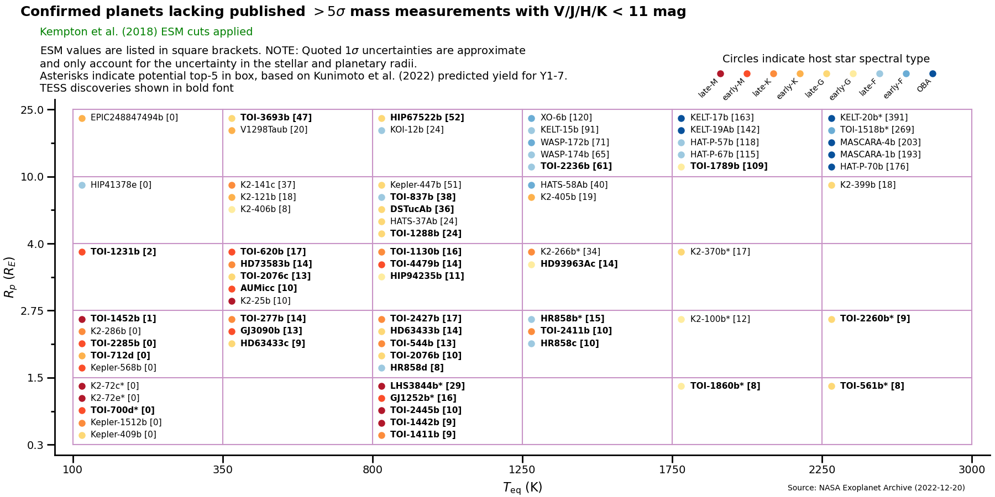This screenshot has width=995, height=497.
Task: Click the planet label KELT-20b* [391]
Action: (x=873, y=118)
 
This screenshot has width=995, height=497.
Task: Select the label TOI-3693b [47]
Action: (x=276, y=118)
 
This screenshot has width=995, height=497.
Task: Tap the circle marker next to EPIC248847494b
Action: (x=82, y=118)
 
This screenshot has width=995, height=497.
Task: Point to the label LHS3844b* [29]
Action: (x=427, y=386)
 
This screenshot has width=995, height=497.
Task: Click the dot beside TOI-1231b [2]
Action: (x=82, y=252)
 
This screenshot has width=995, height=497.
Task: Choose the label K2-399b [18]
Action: (x=867, y=185)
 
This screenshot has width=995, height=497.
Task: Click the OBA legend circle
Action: (x=933, y=74)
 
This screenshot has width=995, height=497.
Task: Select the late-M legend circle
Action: (x=720, y=74)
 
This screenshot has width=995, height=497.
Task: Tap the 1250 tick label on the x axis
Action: (x=522, y=470)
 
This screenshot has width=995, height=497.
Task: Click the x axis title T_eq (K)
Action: (x=522, y=487)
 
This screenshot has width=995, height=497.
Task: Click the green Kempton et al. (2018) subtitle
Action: (x=146, y=32)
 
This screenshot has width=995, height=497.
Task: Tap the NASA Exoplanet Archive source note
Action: (x=876, y=488)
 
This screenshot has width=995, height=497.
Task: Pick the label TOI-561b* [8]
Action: (x=872, y=386)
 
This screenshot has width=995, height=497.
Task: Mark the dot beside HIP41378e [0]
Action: (x=82, y=186)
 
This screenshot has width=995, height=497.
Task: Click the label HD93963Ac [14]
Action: (x=579, y=264)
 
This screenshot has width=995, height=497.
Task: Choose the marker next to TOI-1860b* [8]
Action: (x=681, y=387)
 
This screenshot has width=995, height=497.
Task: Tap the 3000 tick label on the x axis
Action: (x=971, y=470)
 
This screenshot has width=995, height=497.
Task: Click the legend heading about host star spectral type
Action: (x=826, y=59)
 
